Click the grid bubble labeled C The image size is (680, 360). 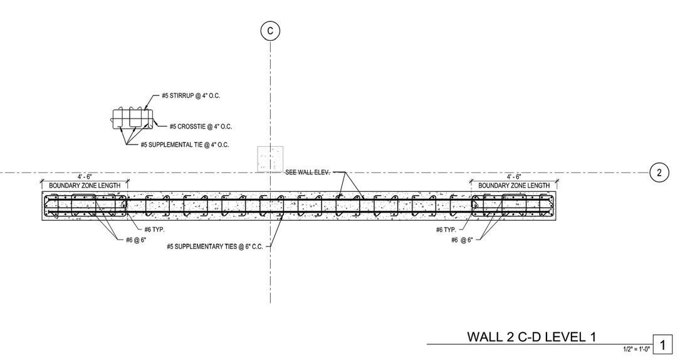(270, 31)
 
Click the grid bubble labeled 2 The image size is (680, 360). (659, 172)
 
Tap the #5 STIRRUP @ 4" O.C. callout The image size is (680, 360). (191, 96)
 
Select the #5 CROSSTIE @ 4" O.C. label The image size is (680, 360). (200, 127)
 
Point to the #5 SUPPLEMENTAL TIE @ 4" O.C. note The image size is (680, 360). (184, 145)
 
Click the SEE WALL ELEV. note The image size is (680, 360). (307, 172)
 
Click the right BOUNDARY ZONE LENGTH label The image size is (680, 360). (514, 186)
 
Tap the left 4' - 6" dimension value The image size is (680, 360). (85, 177)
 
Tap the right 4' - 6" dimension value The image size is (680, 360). (514, 177)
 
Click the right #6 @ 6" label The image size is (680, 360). (462, 240)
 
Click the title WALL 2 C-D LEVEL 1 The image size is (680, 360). (531, 337)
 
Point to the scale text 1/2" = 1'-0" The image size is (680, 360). (636, 349)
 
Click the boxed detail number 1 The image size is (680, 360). (662, 345)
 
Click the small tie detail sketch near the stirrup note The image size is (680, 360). (132, 119)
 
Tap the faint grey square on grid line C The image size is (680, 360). (270, 158)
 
